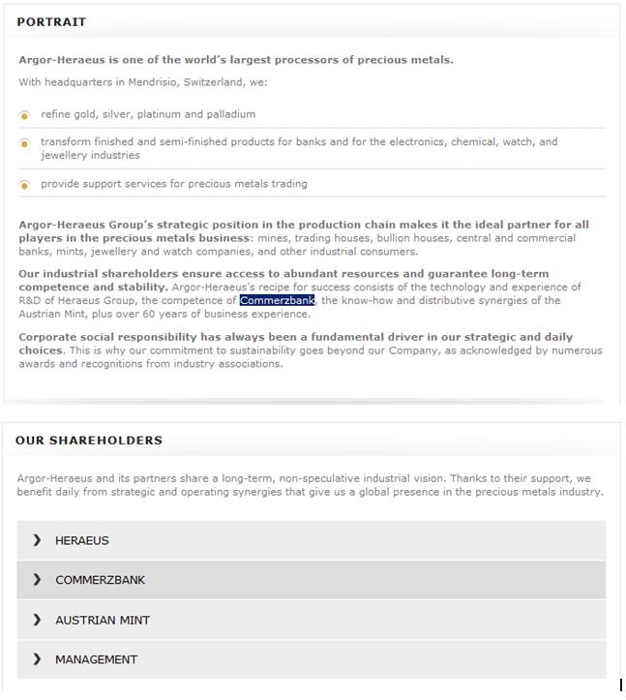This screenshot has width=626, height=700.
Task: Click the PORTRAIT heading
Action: [51, 21]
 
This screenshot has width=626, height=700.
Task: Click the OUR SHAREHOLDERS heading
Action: [89, 441]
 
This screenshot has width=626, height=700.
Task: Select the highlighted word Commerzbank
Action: [277, 300]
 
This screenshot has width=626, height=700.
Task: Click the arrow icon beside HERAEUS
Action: [37, 540]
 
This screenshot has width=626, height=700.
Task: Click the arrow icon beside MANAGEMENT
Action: [37, 659]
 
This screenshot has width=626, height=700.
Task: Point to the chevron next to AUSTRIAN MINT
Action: [37, 620]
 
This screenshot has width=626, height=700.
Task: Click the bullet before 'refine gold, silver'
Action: [25, 115]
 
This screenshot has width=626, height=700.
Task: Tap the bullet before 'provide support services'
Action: [25, 185]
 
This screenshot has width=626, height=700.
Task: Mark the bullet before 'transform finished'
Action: [25, 143]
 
